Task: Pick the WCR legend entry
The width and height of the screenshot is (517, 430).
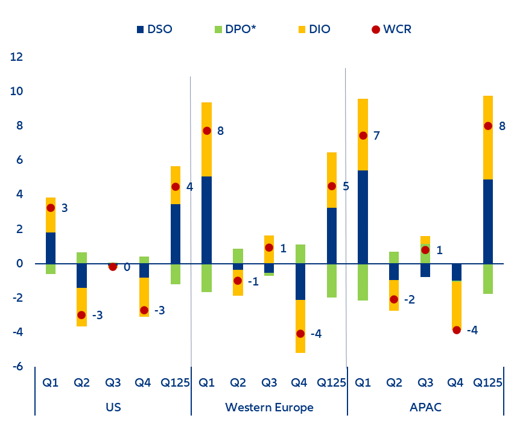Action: coord(392,29)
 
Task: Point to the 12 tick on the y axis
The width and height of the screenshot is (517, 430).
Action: coord(17,57)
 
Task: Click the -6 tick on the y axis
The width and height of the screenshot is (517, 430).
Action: coord(17,367)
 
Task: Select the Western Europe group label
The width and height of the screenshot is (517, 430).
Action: coord(269,408)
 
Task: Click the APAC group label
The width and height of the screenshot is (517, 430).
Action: coord(425,408)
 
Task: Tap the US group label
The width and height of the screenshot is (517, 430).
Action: coord(113,408)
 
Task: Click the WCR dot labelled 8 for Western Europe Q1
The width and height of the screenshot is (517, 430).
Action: coord(207,131)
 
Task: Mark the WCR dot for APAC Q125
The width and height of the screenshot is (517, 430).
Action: coord(487,126)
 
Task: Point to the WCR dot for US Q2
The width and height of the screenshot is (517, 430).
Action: coord(81,315)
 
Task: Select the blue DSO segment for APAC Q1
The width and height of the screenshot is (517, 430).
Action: coord(363,217)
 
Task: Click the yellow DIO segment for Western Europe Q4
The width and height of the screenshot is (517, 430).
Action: coord(300,326)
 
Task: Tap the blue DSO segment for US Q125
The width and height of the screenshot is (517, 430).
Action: coord(176,234)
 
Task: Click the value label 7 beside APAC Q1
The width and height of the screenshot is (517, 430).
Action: coord(376,136)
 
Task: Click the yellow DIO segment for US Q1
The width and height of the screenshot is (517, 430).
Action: coord(51,215)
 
